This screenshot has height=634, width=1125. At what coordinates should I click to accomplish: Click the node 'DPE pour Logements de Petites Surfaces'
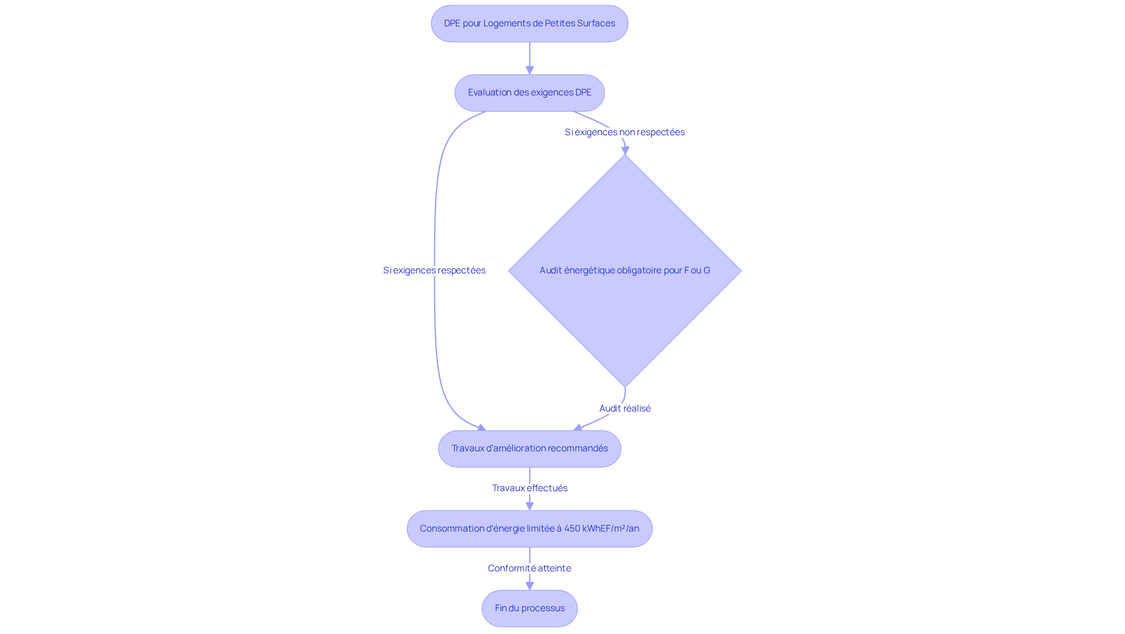click(x=530, y=23)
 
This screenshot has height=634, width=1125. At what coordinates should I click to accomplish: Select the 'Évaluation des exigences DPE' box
click(x=530, y=92)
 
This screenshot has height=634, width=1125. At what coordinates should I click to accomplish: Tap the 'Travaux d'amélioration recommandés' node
click(x=530, y=448)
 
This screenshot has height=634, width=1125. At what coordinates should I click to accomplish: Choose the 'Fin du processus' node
click(x=530, y=608)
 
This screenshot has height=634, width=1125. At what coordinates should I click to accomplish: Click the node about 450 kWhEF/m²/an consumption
click(x=530, y=529)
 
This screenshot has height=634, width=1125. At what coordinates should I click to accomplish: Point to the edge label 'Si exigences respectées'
click(x=434, y=270)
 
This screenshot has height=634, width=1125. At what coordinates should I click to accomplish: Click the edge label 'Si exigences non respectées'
click(x=625, y=132)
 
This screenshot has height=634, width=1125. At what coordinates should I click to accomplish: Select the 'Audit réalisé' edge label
click(x=625, y=408)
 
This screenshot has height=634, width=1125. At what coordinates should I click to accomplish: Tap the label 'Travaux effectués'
click(x=530, y=488)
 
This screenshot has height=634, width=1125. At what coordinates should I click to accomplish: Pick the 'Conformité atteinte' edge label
click(x=530, y=568)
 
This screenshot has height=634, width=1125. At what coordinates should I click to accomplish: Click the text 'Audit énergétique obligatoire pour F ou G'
click(x=625, y=270)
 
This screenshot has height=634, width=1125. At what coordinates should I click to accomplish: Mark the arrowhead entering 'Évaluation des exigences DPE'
click(x=530, y=70)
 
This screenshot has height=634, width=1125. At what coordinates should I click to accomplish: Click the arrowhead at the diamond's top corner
click(x=625, y=150)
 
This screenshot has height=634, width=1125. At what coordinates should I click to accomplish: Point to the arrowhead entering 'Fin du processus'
click(x=530, y=586)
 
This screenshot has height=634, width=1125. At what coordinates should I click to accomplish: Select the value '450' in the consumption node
click(x=572, y=529)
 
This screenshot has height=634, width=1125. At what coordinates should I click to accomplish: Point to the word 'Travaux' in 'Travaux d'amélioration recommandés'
click(x=468, y=448)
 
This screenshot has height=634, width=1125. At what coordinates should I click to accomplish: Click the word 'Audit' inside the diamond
click(x=550, y=270)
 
